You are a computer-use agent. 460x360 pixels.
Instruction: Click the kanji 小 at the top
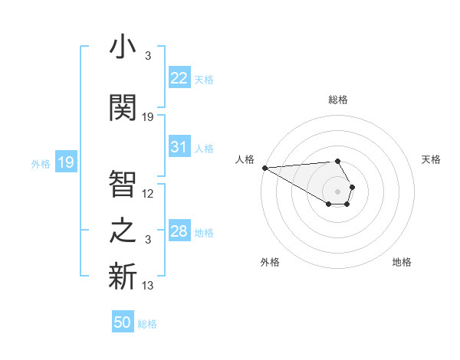[123, 47]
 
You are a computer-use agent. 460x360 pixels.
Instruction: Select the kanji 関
[123, 107]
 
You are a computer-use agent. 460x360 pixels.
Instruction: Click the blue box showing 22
[179, 78]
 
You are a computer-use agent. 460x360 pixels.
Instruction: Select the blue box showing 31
[179, 147]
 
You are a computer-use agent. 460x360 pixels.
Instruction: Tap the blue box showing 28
[179, 231]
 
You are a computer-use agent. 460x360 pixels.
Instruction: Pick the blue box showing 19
[66, 162]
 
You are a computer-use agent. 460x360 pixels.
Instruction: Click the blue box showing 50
[123, 322]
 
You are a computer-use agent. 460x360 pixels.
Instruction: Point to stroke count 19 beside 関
[148, 117]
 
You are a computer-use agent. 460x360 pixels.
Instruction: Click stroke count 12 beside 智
[148, 194]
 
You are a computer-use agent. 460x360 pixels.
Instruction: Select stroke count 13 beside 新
[148, 286]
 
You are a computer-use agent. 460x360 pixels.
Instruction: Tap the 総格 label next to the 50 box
[147, 324]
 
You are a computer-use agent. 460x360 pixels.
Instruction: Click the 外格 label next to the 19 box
[41, 163]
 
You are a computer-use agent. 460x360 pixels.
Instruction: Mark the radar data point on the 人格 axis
[264, 168]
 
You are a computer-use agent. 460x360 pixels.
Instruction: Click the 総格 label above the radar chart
[337, 100]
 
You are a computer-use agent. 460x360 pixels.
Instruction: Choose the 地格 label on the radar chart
[402, 262]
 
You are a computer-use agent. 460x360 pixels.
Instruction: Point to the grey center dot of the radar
[337, 190]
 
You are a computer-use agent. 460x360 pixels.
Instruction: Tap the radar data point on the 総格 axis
[337, 161]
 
